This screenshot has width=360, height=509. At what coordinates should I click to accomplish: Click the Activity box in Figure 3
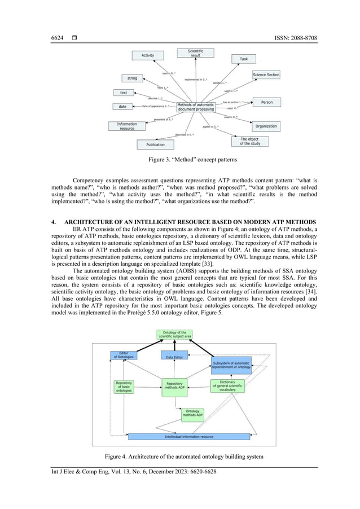[x=148, y=55]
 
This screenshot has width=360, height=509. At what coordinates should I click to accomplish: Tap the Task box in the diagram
[x=243, y=59]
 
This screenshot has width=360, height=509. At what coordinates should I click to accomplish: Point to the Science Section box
[x=266, y=74]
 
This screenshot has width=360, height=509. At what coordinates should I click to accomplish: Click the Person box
[x=266, y=102]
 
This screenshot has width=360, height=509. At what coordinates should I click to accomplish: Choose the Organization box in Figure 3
[x=265, y=126]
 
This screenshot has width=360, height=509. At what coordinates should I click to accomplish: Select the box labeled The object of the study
[x=250, y=141]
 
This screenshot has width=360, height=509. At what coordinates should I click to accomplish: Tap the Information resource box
[x=127, y=126]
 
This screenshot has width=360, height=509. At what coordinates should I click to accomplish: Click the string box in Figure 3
[x=132, y=78]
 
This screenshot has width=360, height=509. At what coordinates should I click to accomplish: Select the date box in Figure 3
[x=122, y=106]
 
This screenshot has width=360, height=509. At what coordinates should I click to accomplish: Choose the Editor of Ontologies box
[x=123, y=355]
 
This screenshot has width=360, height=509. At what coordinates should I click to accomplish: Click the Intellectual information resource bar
[x=189, y=436]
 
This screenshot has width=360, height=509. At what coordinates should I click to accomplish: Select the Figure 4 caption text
[x=179, y=455]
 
